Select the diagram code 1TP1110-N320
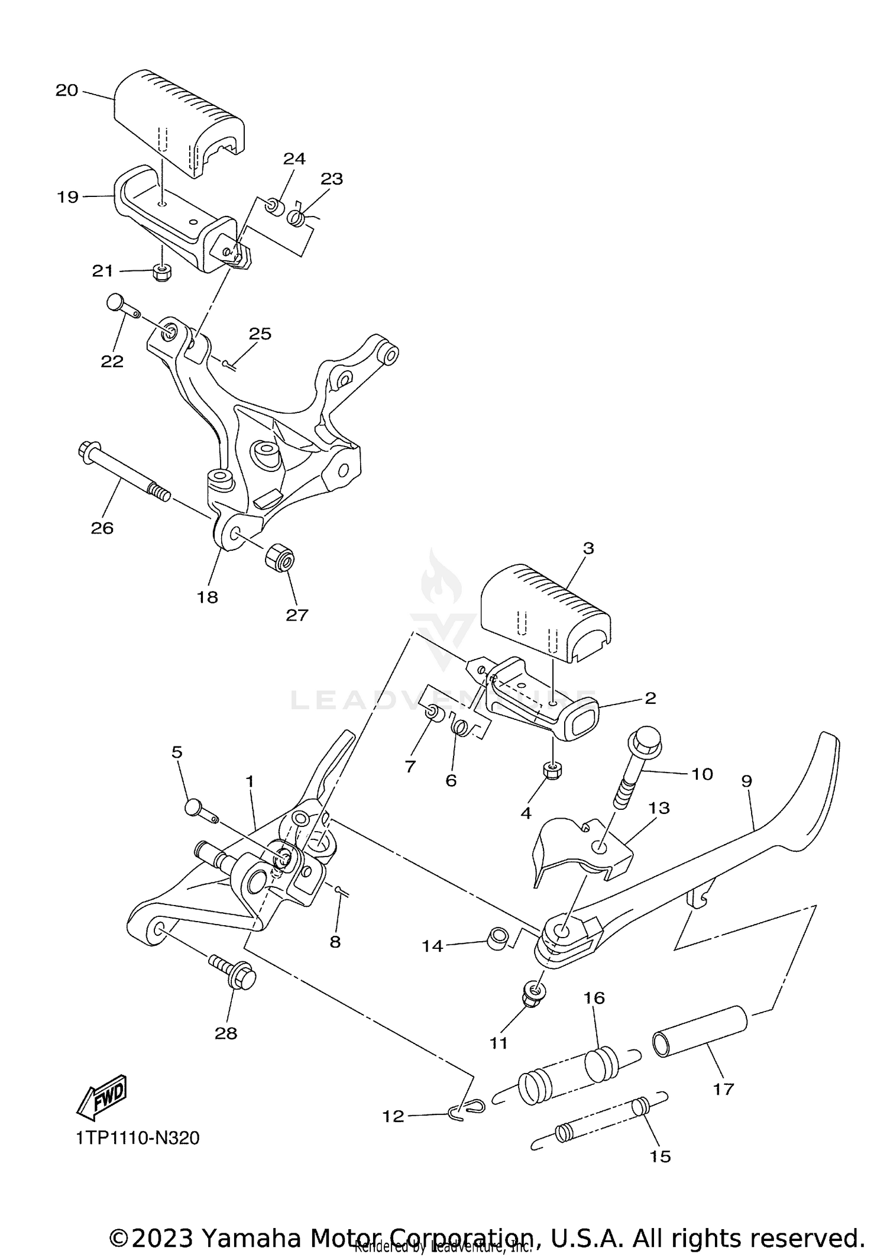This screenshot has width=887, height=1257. tap(138, 1138)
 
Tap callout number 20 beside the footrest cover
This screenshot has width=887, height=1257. tap(67, 91)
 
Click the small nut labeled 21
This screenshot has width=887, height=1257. tap(161, 272)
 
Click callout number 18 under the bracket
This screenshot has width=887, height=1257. tap(208, 597)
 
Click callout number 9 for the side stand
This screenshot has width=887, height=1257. tap(746, 781)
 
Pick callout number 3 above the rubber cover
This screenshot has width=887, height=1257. tap(588, 548)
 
